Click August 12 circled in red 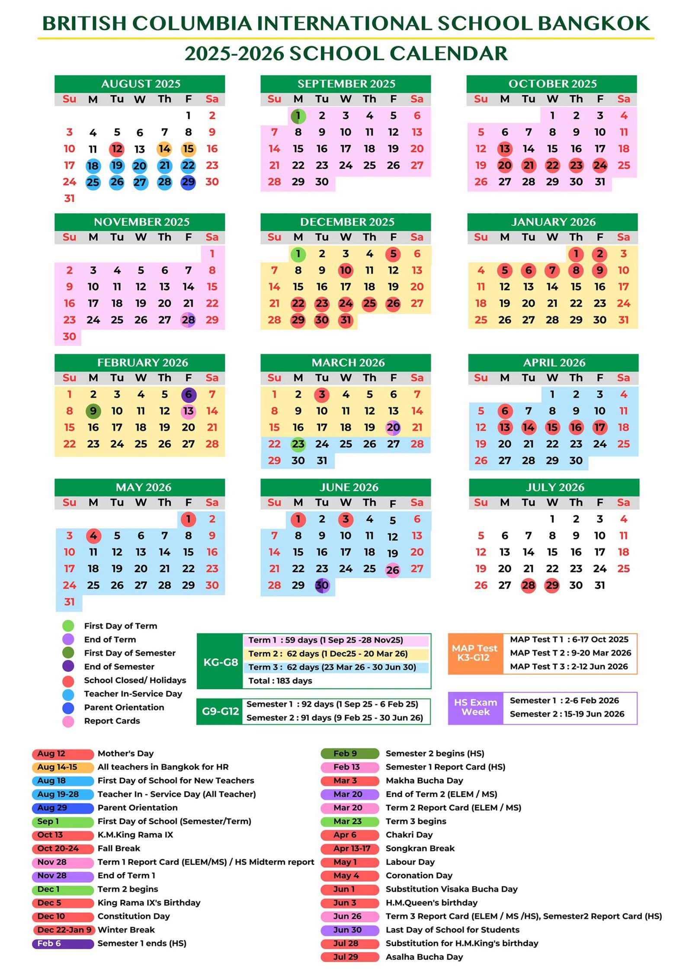click(117, 149)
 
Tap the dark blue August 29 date click(188, 182)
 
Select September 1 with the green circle click(298, 116)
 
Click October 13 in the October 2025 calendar click(504, 149)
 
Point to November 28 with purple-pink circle click(188, 320)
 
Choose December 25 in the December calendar click(369, 304)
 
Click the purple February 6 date click(188, 395)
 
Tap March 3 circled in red click(322, 395)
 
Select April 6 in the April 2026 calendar click(504, 411)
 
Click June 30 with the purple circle click(322, 585)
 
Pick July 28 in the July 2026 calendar click(528, 585)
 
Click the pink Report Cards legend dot click(68, 721)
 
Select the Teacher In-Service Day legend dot click(68, 694)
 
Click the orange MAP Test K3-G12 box click(475, 653)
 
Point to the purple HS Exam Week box click(475, 708)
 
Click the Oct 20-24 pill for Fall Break click(63, 849)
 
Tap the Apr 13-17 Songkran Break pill click(350, 849)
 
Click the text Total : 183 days click(280, 681)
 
